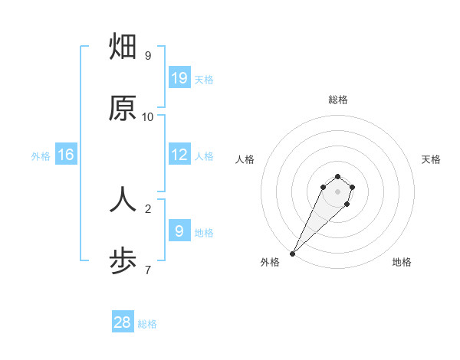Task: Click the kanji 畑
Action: click(123, 47)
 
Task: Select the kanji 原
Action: click(123, 108)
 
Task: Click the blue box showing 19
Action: click(179, 78)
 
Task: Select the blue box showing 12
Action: click(179, 154)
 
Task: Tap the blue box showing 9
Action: click(179, 231)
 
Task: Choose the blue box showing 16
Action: click(66, 155)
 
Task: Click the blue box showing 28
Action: click(123, 322)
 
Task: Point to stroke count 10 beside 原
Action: click(148, 117)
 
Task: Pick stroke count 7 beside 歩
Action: click(148, 270)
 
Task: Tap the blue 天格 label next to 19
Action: click(204, 79)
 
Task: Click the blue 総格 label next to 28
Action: click(147, 324)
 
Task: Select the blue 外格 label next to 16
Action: click(41, 156)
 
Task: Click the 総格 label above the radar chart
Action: click(337, 100)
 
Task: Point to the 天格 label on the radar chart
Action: click(431, 159)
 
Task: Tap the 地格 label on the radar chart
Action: click(402, 263)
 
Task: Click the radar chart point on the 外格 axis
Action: click(292, 254)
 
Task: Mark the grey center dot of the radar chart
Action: click(337, 191)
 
